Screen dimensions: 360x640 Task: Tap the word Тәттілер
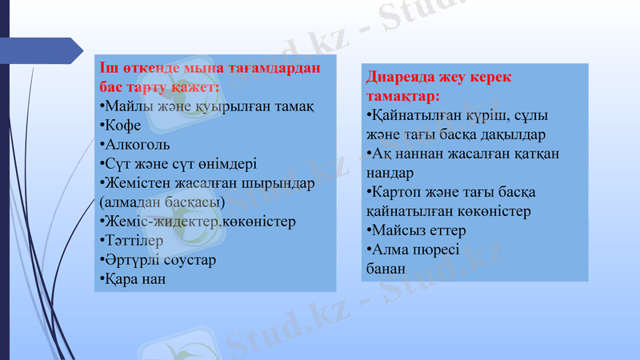click(134, 240)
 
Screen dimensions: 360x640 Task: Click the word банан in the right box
click(385, 269)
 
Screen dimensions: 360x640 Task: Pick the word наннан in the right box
click(413, 153)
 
